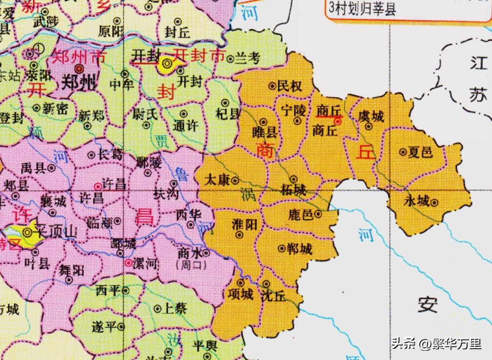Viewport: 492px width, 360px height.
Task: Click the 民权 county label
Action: coord(290,87)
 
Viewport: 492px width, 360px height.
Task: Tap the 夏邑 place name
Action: coord(421,152)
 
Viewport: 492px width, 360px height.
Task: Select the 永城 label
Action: coord(416,201)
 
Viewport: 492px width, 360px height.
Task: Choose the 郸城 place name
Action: coord(300,249)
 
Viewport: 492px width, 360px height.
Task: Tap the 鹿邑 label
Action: coord(301,214)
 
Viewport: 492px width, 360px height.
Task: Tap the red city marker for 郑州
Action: coord(79,69)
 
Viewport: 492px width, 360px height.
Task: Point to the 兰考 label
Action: coord(247,58)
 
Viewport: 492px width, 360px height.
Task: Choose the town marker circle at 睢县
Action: coord(263,121)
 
